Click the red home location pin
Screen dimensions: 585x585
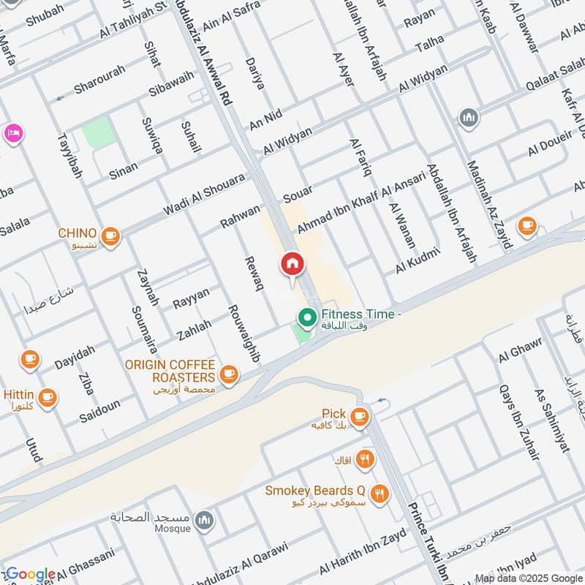tap(292, 265)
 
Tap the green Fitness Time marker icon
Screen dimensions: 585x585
tap(306, 317)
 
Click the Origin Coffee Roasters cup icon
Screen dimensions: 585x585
tap(229, 375)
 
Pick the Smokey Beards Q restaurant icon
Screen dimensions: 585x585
tap(379, 492)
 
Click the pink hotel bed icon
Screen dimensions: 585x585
tap(13, 132)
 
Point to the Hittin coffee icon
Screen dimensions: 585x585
tap(48, 397)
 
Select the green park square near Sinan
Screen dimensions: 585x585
tap(97, 134)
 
